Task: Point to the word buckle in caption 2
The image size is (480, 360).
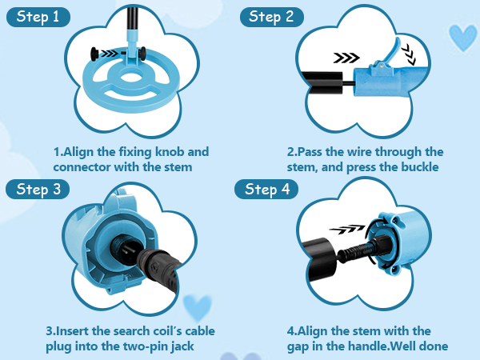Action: pos(417,167)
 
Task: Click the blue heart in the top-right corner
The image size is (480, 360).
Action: pos(462,36)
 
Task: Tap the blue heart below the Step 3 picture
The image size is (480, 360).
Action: pos(197,306)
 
